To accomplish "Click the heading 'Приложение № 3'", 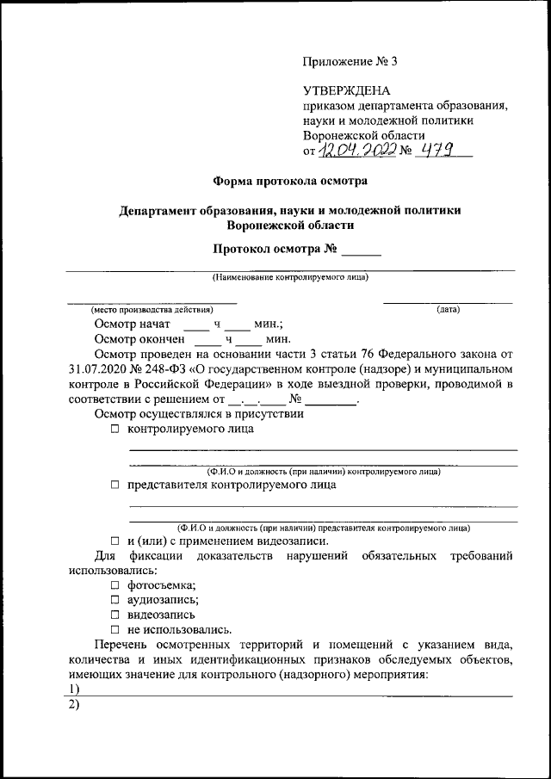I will (x=350, y=61).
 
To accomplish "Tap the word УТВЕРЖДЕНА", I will (x=346, y=90).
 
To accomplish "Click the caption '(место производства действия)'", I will (x=152, y=309).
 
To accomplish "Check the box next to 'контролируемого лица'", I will (x=115, y=430).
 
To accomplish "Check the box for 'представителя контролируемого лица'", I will (x=115, y=485).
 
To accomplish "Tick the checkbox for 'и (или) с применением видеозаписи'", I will (x=115, y=541).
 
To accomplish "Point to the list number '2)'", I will (x=73, y=705).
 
